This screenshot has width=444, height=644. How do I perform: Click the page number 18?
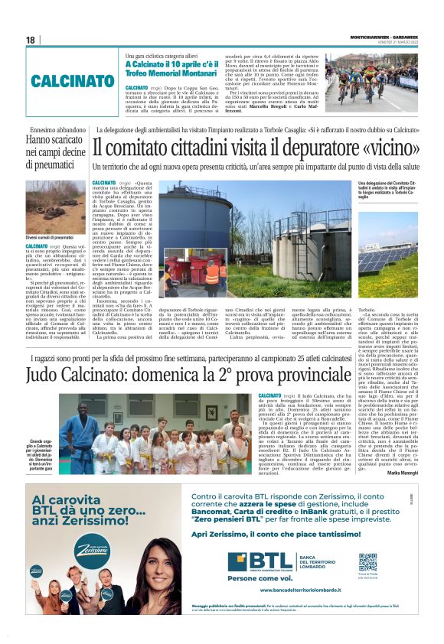tap(31, 41)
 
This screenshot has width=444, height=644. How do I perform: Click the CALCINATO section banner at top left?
tap(73, 80)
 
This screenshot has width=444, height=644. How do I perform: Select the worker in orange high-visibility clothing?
tap(211, 275)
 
